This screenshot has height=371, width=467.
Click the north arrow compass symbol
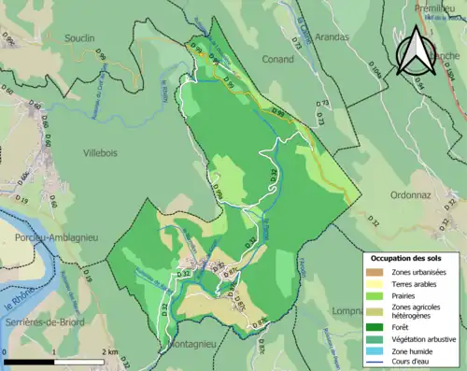pos(417,50)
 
